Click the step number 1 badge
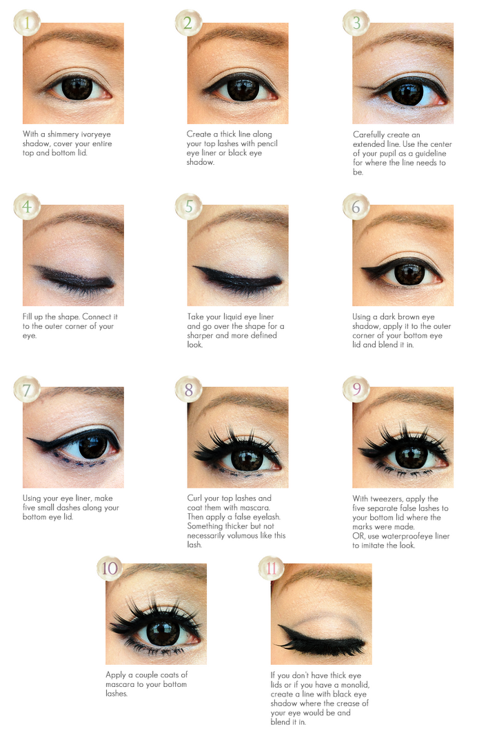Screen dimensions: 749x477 click(26, 23)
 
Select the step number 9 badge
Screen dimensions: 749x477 click(356, 389)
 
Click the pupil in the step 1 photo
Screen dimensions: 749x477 click(76, 88)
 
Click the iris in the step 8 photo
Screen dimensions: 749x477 click(246, 458)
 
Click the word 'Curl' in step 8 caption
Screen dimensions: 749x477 click(195, 498)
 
